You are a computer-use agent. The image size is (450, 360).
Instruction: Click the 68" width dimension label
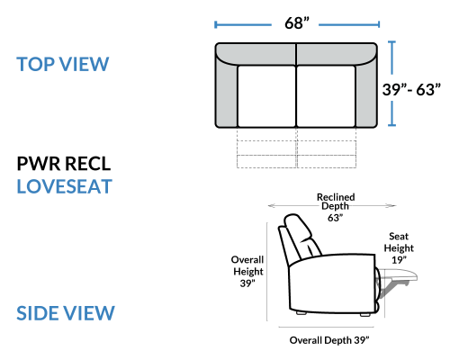click(297, 23)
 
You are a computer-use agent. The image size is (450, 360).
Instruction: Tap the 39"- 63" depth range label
click(411, 89)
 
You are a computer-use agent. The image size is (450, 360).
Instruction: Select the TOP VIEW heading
click(63, 64)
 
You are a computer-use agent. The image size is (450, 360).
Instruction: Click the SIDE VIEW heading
click(66, 313)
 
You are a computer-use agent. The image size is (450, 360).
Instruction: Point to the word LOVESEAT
click(64, 186)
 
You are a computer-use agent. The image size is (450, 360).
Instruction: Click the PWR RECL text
click(64, 164)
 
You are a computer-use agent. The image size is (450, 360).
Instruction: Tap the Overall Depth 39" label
click(329, 340)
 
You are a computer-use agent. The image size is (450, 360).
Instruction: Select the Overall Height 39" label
click(247, 271)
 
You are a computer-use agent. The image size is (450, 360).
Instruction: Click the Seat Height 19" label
click(399, 248)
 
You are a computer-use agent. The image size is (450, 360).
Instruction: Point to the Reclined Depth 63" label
click(336, 207)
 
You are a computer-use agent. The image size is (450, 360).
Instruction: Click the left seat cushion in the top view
click(266, 96)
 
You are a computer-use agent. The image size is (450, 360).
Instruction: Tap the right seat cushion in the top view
click(326, 96)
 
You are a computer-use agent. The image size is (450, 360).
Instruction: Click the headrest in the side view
click(298, 228)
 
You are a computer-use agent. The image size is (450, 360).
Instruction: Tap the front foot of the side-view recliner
click(364, 315)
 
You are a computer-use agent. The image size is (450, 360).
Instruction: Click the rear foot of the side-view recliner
click(301, 312)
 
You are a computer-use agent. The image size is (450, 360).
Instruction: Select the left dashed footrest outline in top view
click(266, 148)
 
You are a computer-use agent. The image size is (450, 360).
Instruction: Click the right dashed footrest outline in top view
click(327, 148)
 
